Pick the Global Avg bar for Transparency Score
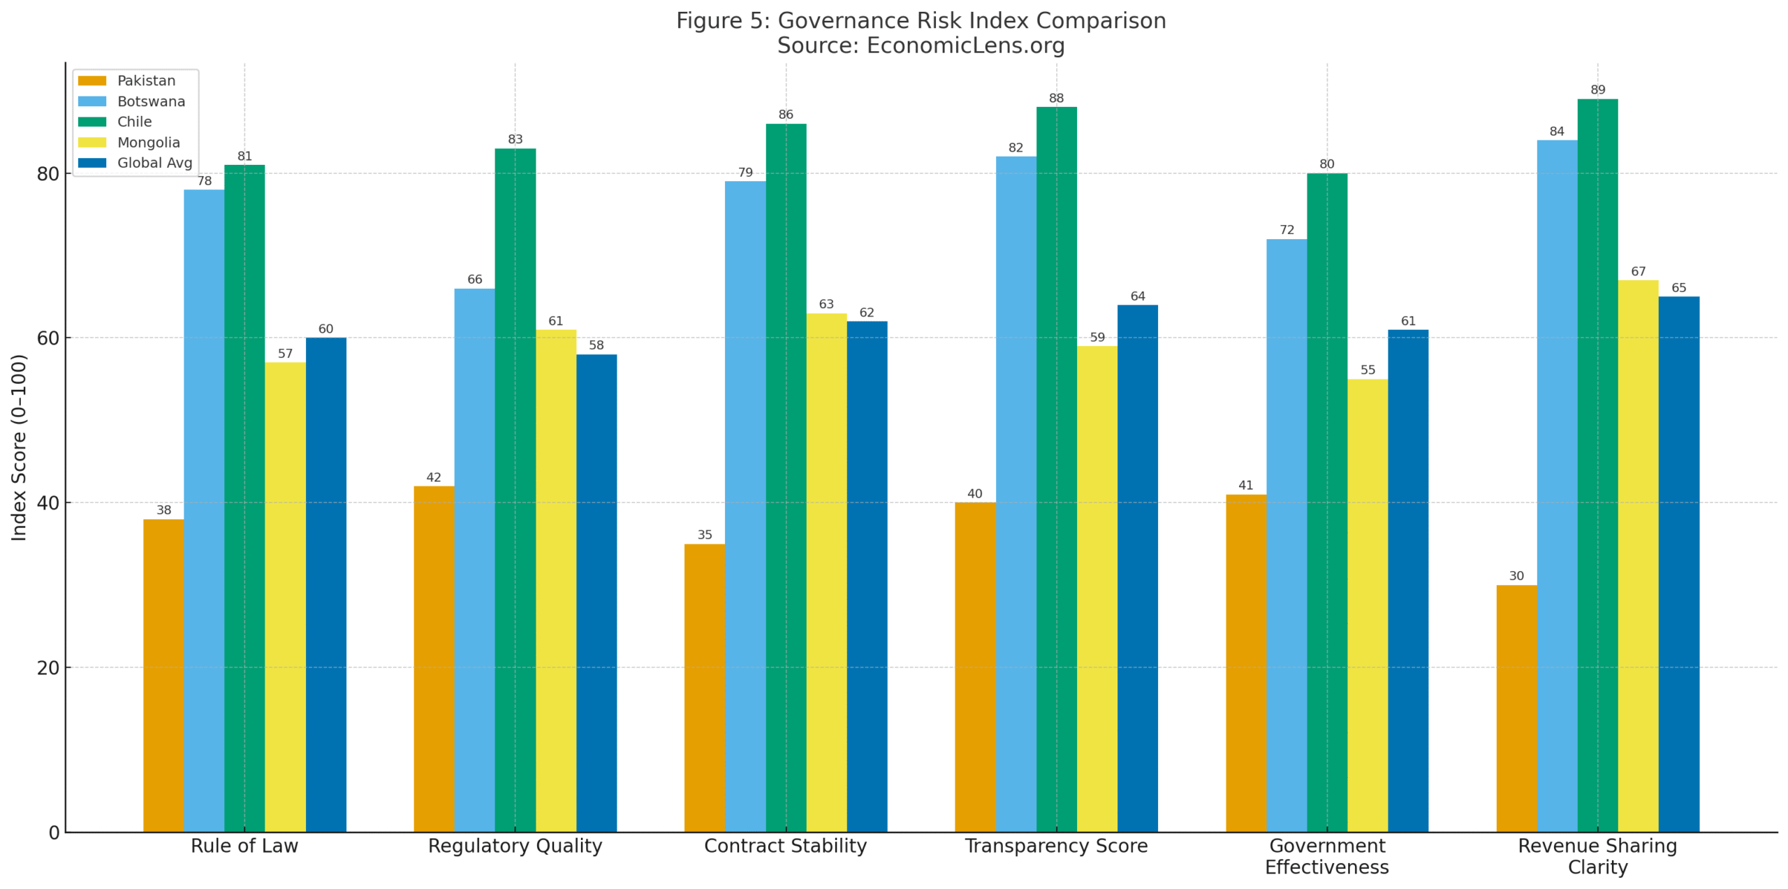coord(1137,568)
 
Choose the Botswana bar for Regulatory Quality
coord(474,559)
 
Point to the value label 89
coord(1597,90)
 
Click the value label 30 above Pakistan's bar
coord(1516,576)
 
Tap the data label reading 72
coord(1287,230)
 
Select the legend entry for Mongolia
coord(148,143)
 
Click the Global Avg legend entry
coord(154,163)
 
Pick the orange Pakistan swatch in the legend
coord(92,81)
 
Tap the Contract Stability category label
coord(785,846)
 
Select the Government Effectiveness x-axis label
coord(1326,856)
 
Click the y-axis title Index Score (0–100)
coord(19,447)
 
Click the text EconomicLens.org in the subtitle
coord(965,45)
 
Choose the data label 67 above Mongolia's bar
coord(1638,271)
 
